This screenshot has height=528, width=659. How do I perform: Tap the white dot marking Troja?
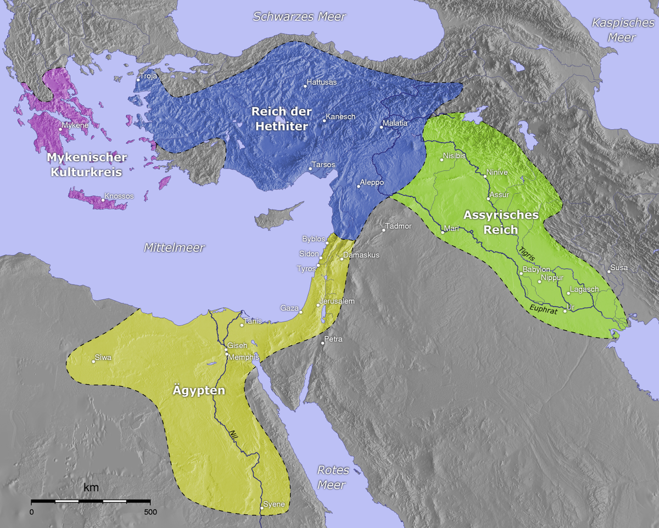click(138, 80)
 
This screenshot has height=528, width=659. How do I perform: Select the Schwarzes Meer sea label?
click(299, 16)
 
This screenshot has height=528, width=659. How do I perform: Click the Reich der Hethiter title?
click(281, 119)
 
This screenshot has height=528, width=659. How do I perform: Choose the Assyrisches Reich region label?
click(501, 222)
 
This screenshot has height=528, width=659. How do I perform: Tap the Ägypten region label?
click(199, 391)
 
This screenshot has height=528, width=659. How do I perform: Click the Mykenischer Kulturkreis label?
click(87, 165)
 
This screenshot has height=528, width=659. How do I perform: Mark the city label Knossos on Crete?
click(119, 196)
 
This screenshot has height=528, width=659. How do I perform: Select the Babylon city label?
click(537, 269)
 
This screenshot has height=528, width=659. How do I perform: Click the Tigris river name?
click(526, 256)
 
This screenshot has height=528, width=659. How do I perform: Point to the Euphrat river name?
click(544, 310)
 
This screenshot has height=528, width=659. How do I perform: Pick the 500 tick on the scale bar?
click(150, 512)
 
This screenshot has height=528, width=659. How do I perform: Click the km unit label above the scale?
click(91, 488)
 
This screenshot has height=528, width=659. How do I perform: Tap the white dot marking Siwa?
click(93, 361)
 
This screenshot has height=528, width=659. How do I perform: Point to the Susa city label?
click(618, 268)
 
